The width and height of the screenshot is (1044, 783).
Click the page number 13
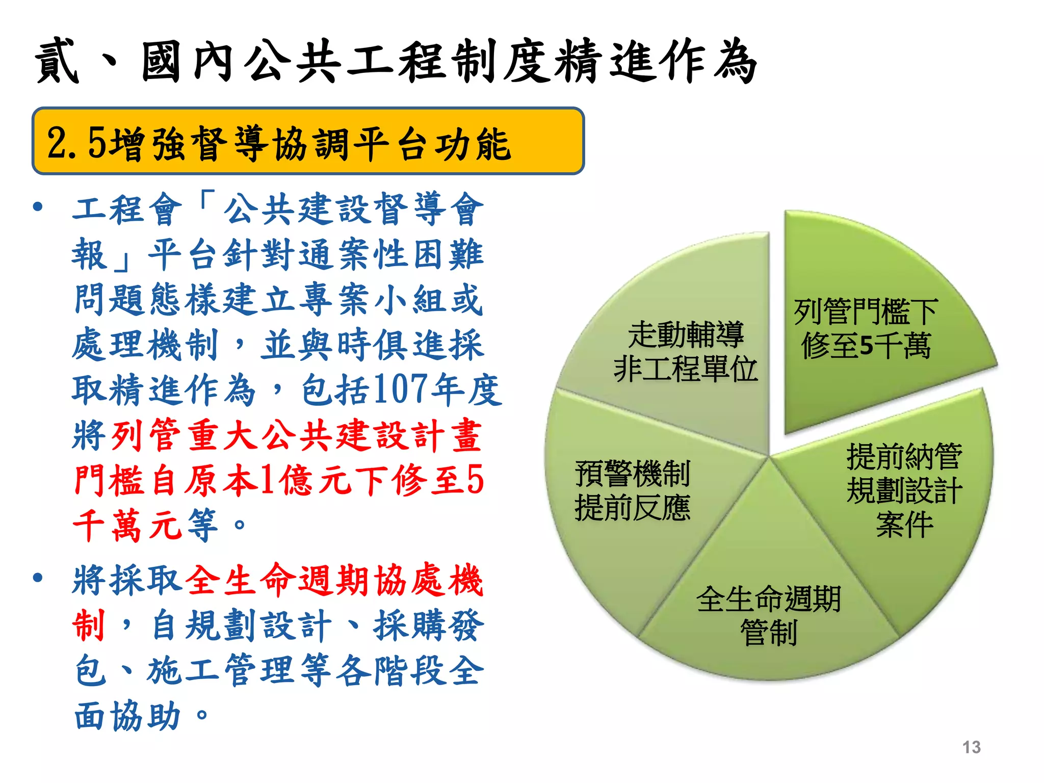pos(971,747)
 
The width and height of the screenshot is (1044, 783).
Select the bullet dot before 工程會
pos(38,207)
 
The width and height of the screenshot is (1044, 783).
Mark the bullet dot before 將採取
pos(38,578)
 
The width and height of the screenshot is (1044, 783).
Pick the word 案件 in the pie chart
pos(904,525)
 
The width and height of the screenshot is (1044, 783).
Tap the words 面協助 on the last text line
pos(127,716)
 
